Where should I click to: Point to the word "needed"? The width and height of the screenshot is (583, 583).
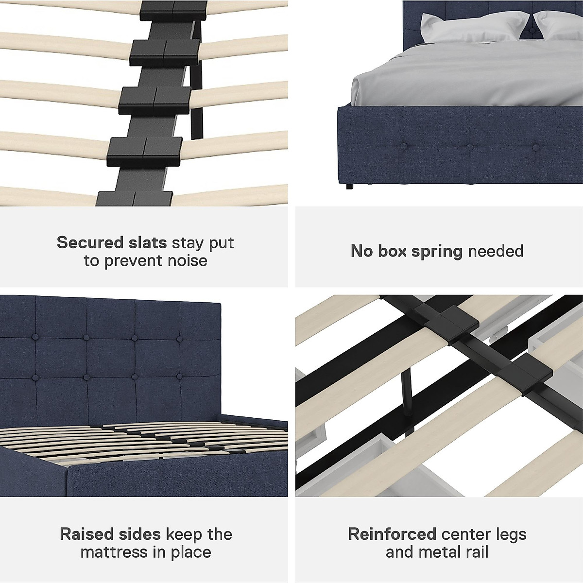(496, 251)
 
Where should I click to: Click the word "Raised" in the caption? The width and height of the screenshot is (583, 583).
(86, 534)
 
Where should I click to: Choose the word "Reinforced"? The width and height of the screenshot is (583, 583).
(392, 534)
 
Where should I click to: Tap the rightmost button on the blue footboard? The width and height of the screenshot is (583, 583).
(536, 147)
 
